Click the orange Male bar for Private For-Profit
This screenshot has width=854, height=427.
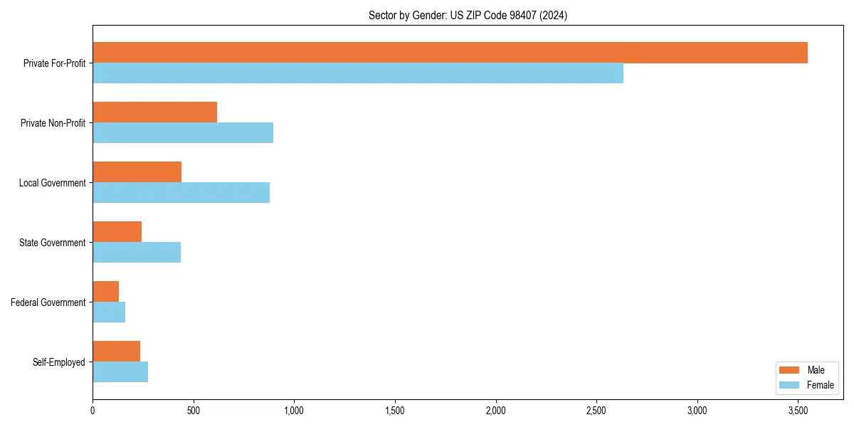[x=450, y=53]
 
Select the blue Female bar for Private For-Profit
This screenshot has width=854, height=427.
[x=358, y=73]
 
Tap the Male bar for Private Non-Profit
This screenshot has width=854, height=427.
[x=154, y=112]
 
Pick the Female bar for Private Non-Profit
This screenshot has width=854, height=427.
[x=183, y=133]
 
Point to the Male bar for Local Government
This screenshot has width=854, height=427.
[x=137, y=172]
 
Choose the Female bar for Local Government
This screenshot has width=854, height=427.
[x=181, y=193]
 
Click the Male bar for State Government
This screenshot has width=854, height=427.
[x=117, y=232]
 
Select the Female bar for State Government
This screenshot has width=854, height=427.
[x=137, y=253]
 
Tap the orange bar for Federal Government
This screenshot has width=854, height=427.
[x=105, y=292]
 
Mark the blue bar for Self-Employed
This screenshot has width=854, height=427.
[x=120, y=372]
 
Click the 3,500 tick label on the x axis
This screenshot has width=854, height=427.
[x=798, y=411]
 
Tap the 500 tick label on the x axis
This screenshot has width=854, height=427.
[x=193, y=411]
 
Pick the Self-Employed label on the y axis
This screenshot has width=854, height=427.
[x=59, y=362]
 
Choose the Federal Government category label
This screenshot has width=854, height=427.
[x=48, y=302]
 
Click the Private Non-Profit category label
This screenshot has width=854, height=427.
[x=53, y=123]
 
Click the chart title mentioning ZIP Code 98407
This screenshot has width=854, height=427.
[x=468, y=15]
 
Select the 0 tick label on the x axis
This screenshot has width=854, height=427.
[x=93, y=411]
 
